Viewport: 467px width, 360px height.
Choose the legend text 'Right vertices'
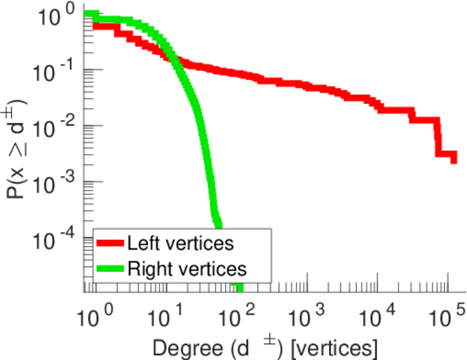(x=187, y=268)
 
